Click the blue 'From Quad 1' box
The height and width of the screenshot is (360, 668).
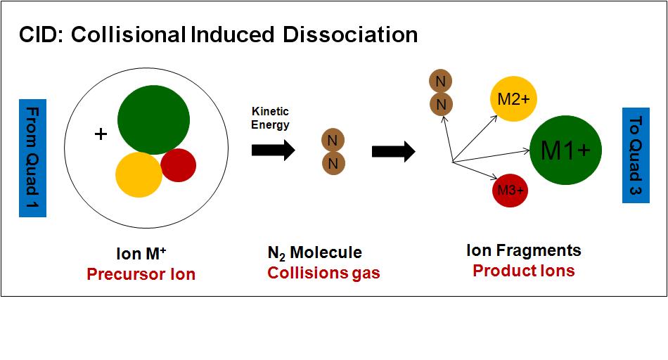tap(32, 157)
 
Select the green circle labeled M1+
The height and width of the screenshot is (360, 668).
tap(565, 150)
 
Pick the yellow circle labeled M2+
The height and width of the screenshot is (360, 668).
tap(513, 100)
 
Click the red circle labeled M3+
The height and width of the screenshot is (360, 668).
tap(510, 190)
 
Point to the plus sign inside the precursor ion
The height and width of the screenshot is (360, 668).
tap(101, 134)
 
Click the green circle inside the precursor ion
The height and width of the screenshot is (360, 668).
tap(153, 120)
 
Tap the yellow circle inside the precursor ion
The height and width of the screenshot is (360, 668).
tap(139, 174)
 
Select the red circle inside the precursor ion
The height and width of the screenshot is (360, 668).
tap(179, 165)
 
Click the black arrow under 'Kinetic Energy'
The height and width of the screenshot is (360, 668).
tap(273, 150)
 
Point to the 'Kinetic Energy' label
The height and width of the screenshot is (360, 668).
tap(271, 118)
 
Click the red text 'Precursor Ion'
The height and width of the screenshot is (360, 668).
tap(141, 274)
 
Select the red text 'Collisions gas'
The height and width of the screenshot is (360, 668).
tap(323, 273)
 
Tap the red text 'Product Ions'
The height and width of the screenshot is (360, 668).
tap(523, 271)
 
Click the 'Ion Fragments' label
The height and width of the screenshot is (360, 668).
tap(524, 250)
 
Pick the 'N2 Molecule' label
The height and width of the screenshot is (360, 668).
tap(314, 252)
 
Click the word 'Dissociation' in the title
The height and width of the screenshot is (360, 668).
tap(358, 34)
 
